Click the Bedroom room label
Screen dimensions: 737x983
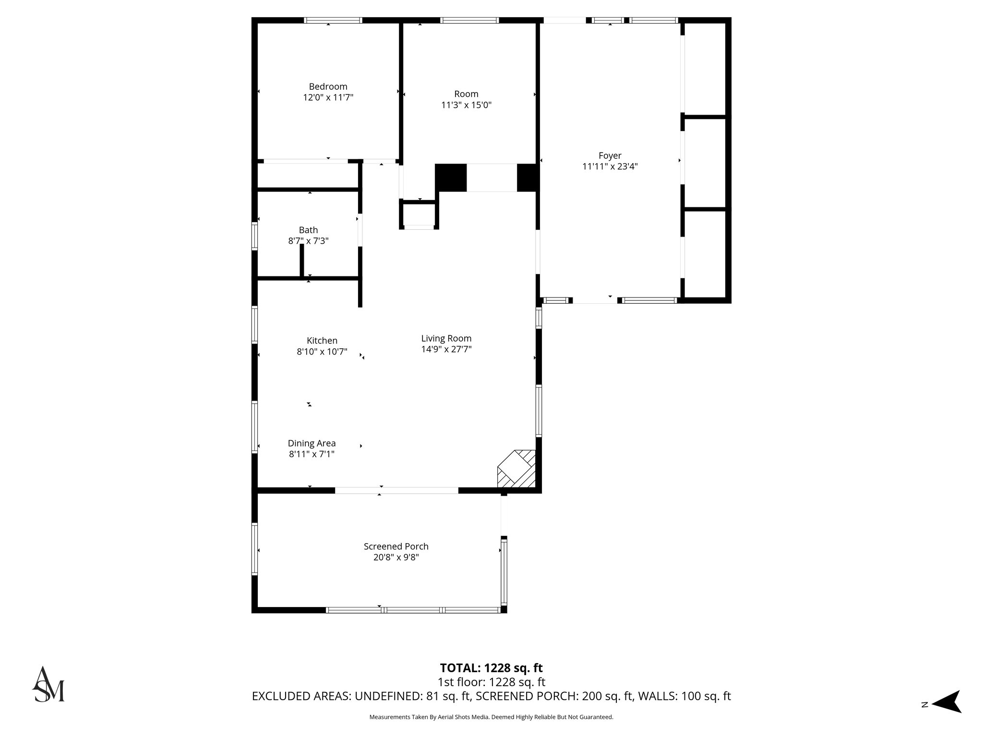coord(328,86)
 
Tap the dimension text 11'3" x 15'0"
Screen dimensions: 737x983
coord(466,105)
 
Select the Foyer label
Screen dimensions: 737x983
coord(610,155)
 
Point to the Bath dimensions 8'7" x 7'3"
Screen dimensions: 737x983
coord(308,241)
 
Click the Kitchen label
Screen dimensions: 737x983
coord(322,340)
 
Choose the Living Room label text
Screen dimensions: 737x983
coord(446,338)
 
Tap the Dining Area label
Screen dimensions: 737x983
coord(312,443)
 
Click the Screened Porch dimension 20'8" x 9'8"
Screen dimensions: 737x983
coord(396,558)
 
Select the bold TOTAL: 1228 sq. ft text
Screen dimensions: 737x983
coord(491,668)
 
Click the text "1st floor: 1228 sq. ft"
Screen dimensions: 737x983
coord(491,682)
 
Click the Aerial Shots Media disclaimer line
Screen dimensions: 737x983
coord(491,717)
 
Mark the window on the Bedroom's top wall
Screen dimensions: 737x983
coord(333,20)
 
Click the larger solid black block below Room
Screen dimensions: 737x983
coord(451,178)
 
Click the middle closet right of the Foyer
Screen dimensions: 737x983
coord(704,163)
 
